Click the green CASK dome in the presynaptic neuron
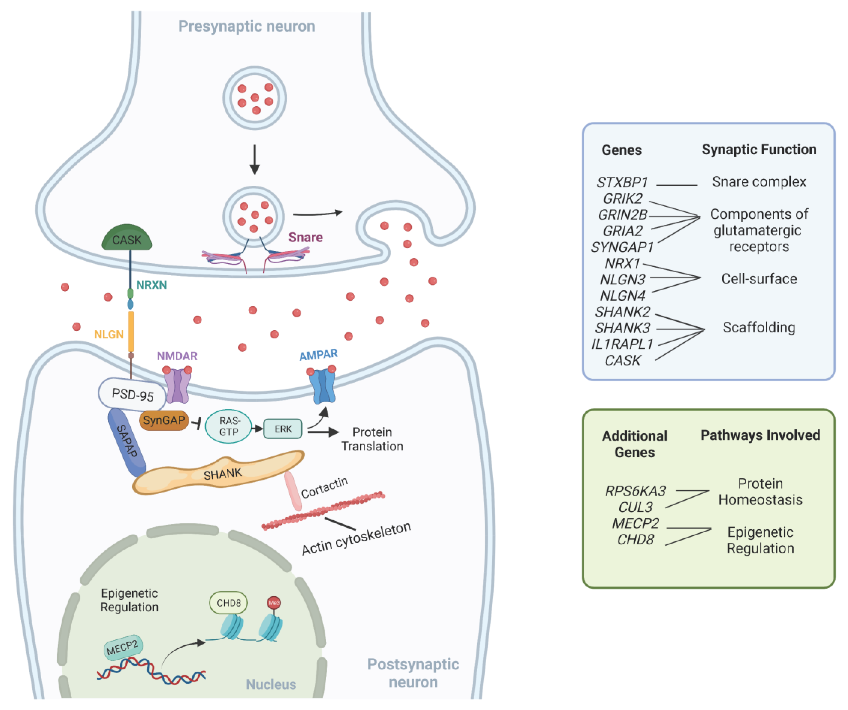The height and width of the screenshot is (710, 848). tap(127, 238)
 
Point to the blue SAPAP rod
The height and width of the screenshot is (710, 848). tap(127, 442)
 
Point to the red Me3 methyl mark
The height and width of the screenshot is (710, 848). tap(274, 603)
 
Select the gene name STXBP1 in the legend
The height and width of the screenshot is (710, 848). tap(622, 183)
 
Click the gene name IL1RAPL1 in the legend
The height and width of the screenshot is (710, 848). tap(622, 344)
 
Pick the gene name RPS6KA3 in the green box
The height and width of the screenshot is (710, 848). tap(635, 491)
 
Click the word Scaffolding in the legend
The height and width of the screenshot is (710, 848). tap(759, 327)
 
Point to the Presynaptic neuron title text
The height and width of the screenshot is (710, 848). tap(247, 26)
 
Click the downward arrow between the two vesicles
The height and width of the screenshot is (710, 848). tap(254, 160)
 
